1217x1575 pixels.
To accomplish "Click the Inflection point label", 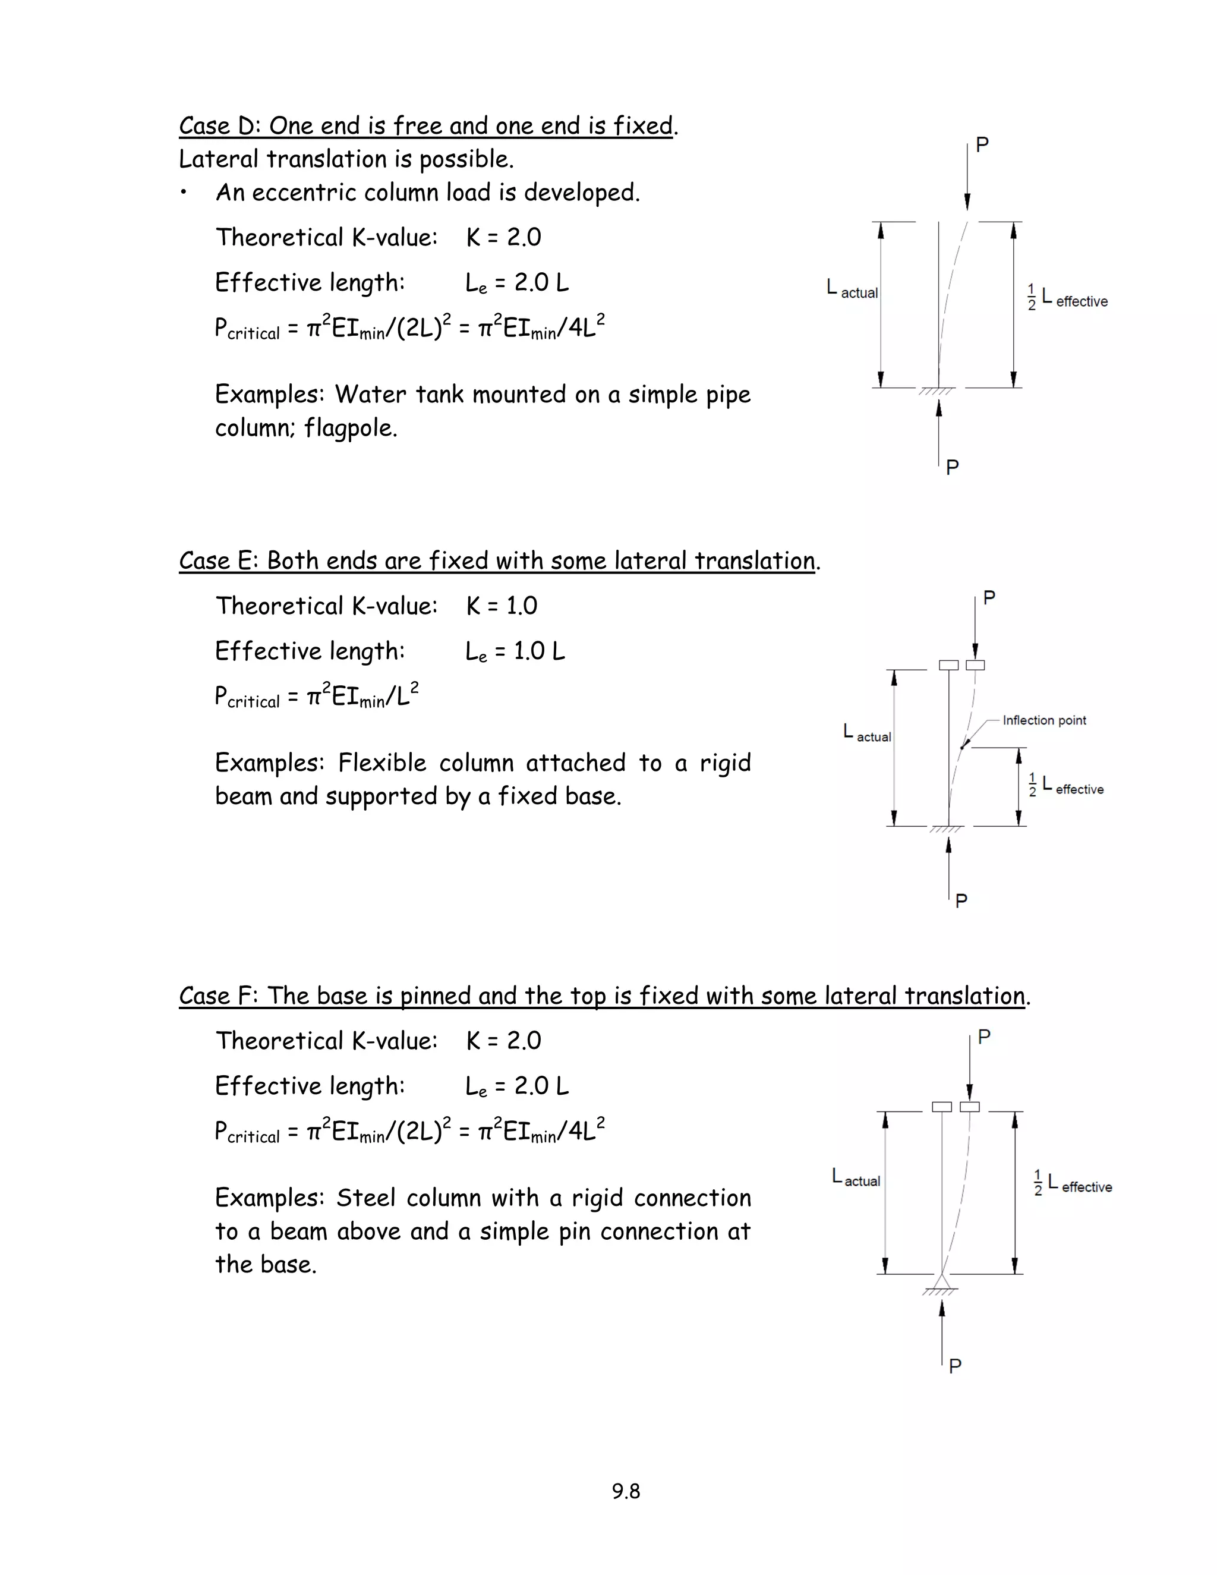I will pyautogui.click(x=1043, y=720).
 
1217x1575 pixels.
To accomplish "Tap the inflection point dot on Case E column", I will pyautogui.click(x=962, y=747).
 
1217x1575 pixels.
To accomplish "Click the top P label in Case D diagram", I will pyautogui.click(x=982, y=145).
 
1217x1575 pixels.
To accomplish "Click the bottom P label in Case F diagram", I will pyautogui.click(x=956, y=1366).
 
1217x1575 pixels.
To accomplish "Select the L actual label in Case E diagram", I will pyautogui.click(x=868, y=733).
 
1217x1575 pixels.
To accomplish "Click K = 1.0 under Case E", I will pyautogui.click(x=502, y=606).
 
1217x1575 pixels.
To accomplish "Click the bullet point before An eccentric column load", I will pyautogui.click(x=185, y=193).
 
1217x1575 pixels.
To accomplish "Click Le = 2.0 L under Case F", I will pyautogui.click(x=517, y=1086).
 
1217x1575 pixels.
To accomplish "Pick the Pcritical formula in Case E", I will pyautogui.click(x=317, y=697).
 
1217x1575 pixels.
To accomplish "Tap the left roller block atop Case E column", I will pyautogui.click(x=949, y=665).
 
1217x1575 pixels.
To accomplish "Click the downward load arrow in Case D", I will pyautogui.click(x=967, y=180).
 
